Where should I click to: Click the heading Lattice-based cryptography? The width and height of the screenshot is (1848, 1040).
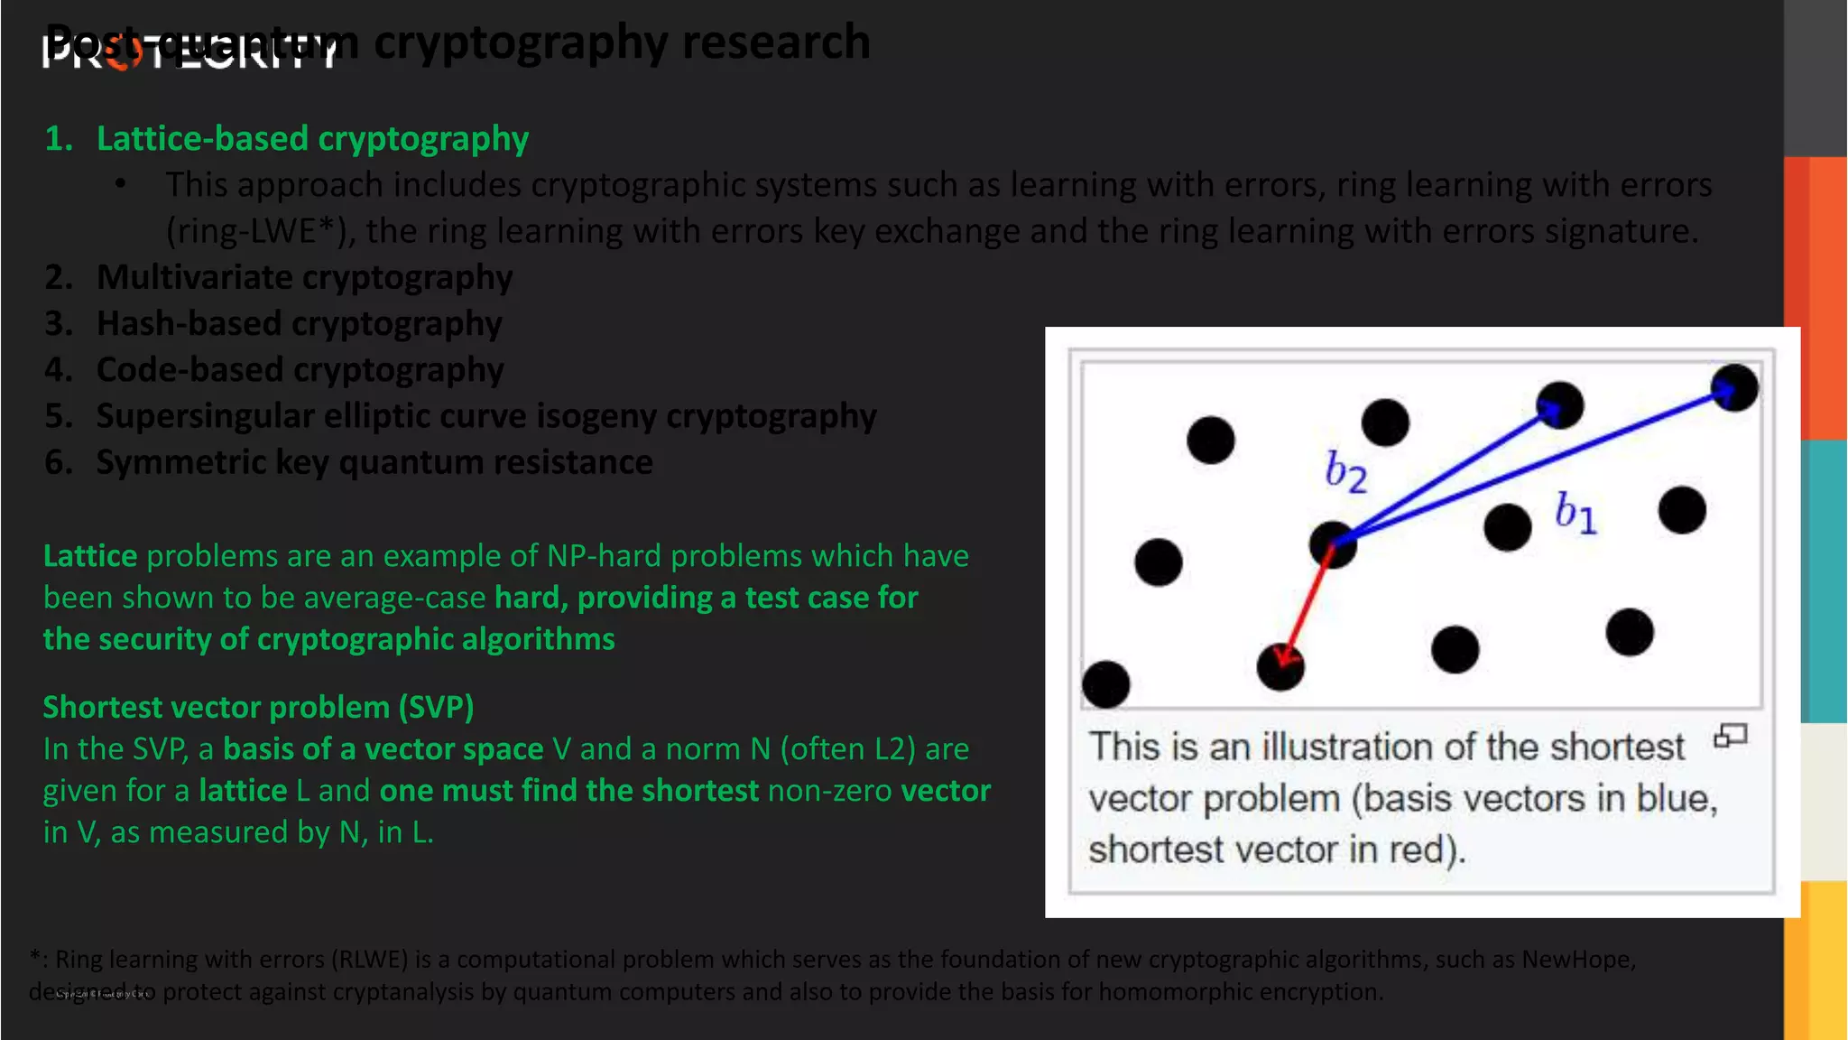[x=311, y=139]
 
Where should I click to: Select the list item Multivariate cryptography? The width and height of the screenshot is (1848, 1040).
[x=304, y=277]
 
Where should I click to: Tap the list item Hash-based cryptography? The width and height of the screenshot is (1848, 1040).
[x=299, y=323]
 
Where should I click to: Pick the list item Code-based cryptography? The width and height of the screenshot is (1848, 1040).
[x=300, y=369]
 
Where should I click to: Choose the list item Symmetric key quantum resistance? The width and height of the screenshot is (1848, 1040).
[x=374, y=462]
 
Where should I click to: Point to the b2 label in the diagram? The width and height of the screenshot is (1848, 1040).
[x=1345, y=472]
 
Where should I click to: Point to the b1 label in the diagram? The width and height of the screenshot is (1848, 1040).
[x=1575, y=513]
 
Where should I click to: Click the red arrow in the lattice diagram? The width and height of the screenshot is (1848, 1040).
[x=1307, y=604]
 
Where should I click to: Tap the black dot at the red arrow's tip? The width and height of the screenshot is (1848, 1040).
[x=1280, y=668]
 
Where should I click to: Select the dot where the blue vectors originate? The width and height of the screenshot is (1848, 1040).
[x=1333, y=544]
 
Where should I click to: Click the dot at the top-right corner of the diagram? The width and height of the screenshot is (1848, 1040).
[x=1734, y=388]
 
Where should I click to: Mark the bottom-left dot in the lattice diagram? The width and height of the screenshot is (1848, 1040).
[x=1105, y=683]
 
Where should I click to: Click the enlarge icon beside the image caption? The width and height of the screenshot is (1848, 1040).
[x=1730, y=737]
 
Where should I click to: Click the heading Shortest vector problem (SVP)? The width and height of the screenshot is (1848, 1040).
[x=258, y=707]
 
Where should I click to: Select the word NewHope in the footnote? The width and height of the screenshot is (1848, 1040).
[x=1576, y=959]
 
